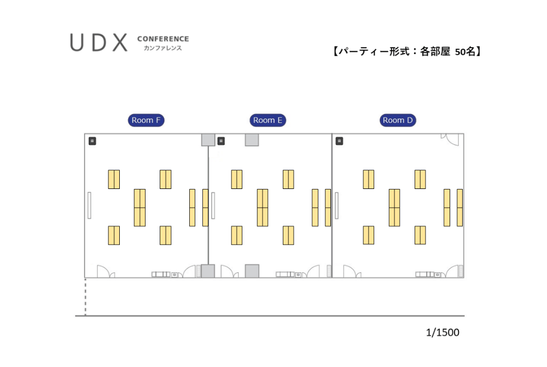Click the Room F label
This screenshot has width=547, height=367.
click(147, 120)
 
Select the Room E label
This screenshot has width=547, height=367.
click(268, 120)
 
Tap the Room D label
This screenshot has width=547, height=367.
click(398, 120)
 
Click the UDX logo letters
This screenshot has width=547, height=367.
click(99, 43)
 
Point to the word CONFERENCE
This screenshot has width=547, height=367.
click(163, 39)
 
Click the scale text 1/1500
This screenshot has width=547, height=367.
click(443, 332)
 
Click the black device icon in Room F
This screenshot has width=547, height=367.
click(92, 141)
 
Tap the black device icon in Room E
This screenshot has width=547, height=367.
click(221, 141)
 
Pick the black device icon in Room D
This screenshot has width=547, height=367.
click(340, 141)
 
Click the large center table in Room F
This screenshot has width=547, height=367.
click(139, 208)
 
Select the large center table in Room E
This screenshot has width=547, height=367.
click(263, 208)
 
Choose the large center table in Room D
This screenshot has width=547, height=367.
click(394, 208)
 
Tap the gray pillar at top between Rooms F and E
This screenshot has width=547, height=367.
click(208, 140)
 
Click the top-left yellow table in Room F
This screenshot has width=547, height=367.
click(114, 179)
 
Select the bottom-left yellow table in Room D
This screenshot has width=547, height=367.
click(369, 235)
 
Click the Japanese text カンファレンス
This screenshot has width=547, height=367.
click(159, 48)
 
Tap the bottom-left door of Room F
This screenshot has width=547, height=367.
click(105, 272)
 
